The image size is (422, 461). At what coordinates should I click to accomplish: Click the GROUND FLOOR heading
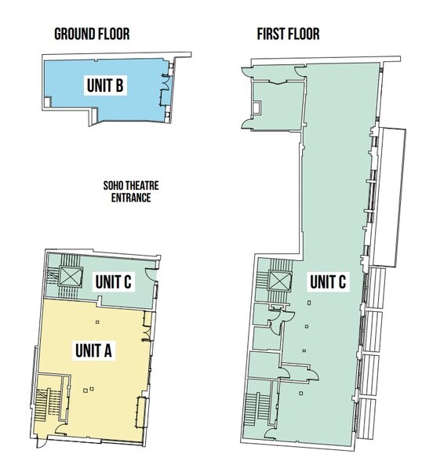(91, 34)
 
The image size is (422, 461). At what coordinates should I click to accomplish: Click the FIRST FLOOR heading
(288, 34)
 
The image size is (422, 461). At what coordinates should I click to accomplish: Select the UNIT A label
(95, 350)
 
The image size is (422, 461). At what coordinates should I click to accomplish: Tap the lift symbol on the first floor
(278, 281)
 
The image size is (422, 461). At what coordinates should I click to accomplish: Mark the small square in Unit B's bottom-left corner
(49, 102)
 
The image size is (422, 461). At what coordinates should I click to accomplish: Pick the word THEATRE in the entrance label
(134, 187)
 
